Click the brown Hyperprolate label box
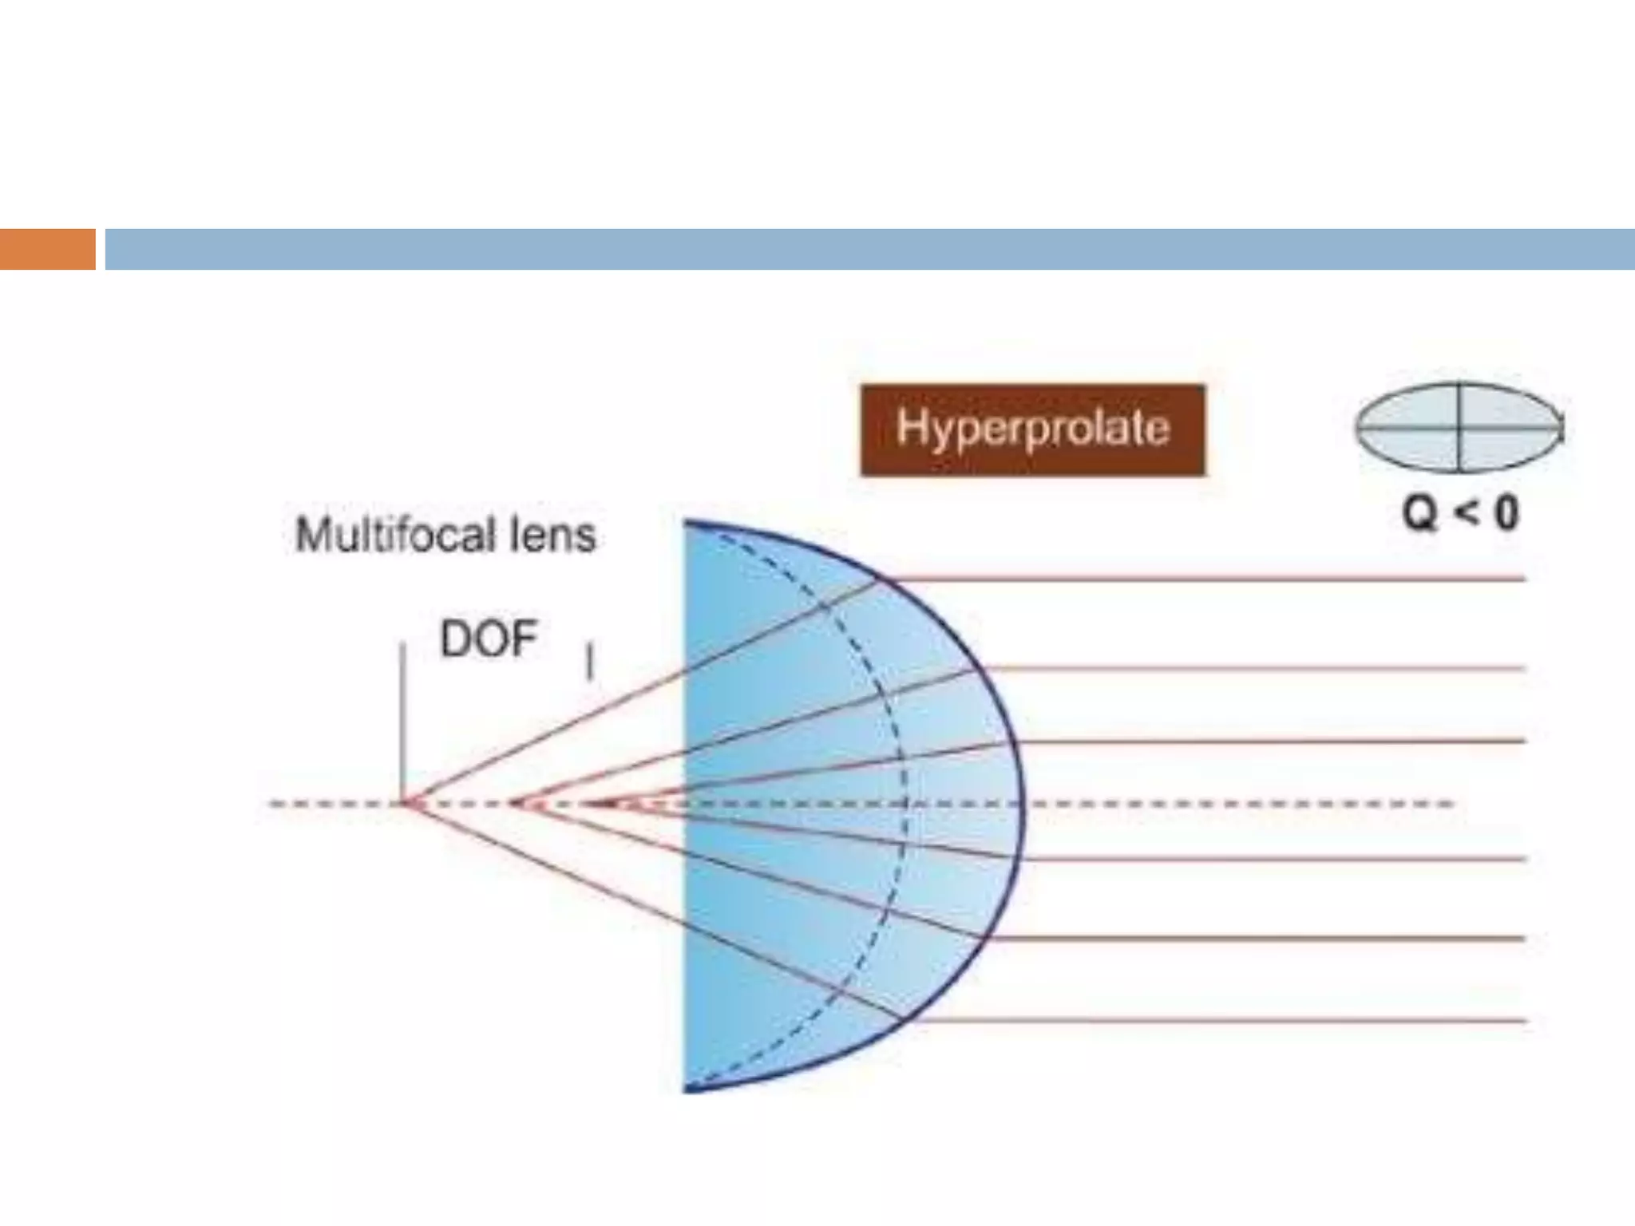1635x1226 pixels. pyautogui.click(x=1032, y=429)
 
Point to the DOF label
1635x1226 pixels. pyautogui.click(x=489, y=639)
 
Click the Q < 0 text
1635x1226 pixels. pyautogui.click(x=1460, y=512)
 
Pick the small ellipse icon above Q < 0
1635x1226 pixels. pyautogui.click(x=1459, y=428)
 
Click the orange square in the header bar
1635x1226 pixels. pyautogui.click(x=47, y=249)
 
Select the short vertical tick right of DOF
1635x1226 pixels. pyautogui.click(x=590, y=662)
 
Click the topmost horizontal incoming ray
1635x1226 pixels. pyautogui.click(x=1198, y=579)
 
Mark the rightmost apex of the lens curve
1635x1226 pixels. pyautogui.click(x=1022, y=803)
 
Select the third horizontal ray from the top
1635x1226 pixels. pyautogui.click(x=1261, y=742)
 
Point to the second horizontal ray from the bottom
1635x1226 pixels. pyautogui.click(x=1245, y=939)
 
